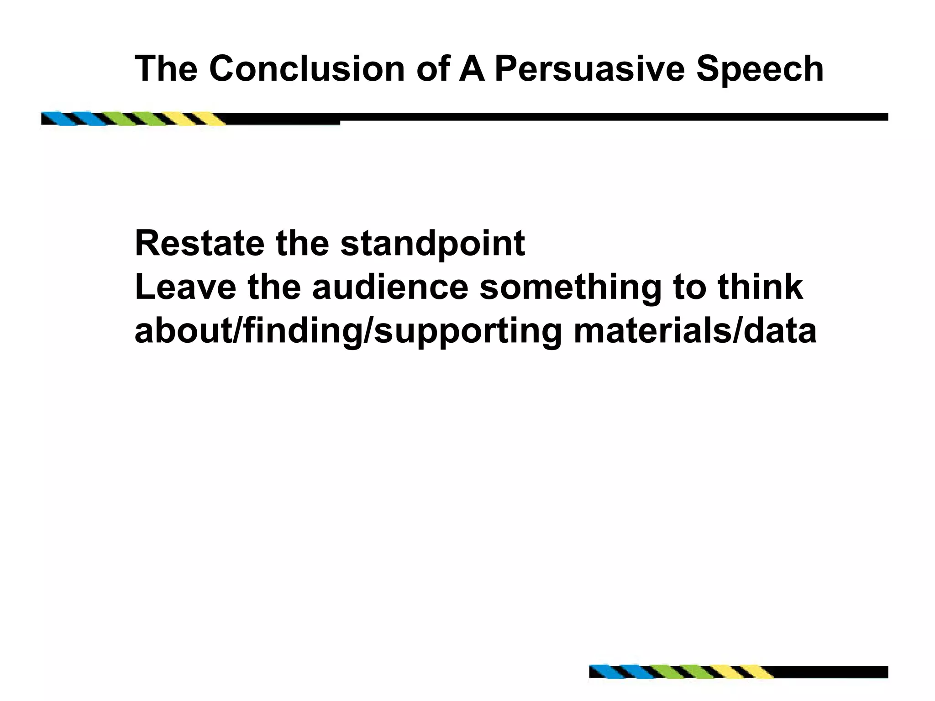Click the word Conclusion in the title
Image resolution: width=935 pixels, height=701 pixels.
[307, 69]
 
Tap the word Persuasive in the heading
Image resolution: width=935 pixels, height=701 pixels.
[589, 69]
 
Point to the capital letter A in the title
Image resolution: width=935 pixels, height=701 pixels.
[472, 69]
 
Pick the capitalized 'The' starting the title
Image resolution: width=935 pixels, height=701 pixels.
[166, 69]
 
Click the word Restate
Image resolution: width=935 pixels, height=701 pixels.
[200, 244]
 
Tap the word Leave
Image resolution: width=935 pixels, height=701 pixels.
[185, 287]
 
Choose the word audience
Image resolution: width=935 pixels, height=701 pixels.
[390, 287]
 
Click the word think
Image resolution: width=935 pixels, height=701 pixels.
[760, 287]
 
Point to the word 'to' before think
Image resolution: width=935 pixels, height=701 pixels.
[689, 288]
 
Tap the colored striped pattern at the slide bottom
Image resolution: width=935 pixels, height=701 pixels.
[680, 672]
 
